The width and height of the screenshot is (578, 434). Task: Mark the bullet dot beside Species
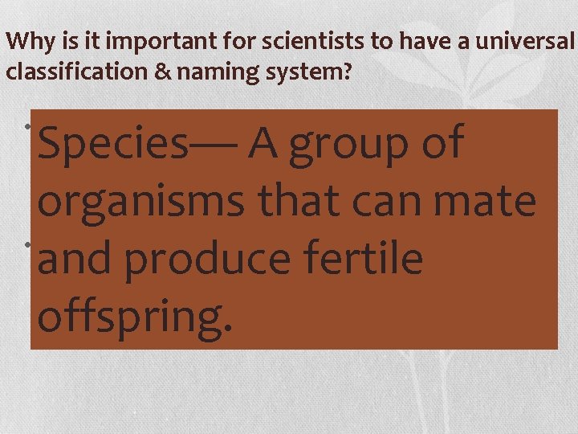coord(26,129)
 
